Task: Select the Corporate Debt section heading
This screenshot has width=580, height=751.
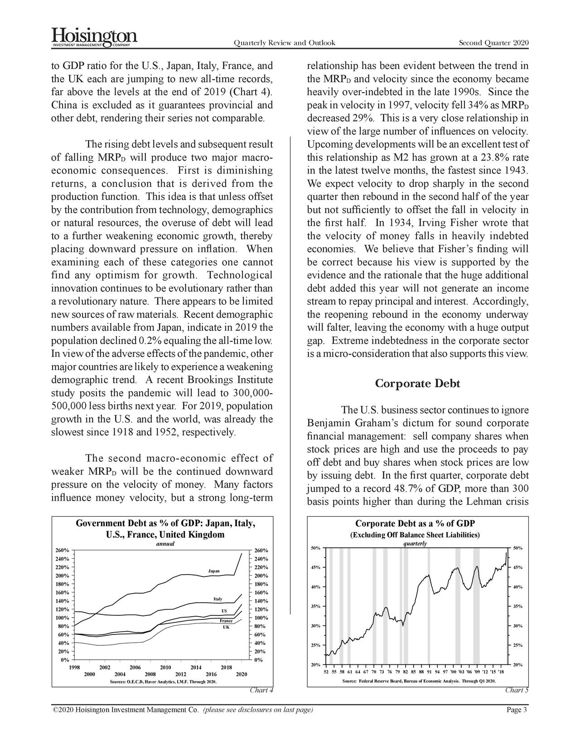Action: (x=417, y=384)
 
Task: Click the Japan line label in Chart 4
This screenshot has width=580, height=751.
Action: (x=214, y=570)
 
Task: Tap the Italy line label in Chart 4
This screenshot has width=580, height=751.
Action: (x=217, y=599)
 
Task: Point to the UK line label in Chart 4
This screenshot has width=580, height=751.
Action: (x=226, y=627)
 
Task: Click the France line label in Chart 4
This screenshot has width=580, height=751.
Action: (x=226, y=620)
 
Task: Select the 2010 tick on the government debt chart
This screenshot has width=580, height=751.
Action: (x=165, y=667)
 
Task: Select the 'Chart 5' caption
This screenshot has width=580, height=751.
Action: (x=517, y=691)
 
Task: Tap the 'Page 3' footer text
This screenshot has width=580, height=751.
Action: (x=516, y=710)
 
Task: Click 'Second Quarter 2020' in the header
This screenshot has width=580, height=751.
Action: (x=493, y=43)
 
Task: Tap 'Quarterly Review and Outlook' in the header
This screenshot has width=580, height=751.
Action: (x=284, y=43)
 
